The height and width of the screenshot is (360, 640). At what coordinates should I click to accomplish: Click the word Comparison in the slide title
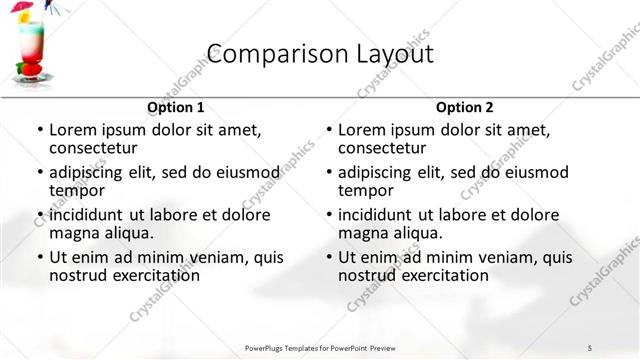pyautogui.click(x=263, y=53)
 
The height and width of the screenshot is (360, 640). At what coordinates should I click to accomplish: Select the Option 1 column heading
pyautogui.click(x=176, y=107)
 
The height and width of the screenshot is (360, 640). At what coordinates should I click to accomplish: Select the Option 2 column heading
pyautogui.click(x=465, y=107)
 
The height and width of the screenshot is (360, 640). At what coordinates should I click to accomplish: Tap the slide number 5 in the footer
pyautogui.click(x=590, y=347)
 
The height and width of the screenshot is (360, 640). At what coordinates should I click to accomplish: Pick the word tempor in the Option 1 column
pyautogui.click(x=78, y=190)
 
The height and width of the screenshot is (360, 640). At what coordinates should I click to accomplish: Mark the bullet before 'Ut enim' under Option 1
pyautogui.click(x=39, y=257)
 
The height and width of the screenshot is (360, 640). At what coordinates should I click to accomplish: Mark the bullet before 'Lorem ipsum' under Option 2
pyautogui.click(x=328, y=130)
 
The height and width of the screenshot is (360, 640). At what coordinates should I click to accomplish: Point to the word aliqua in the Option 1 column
pyautogui.click(x=127, y=233)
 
